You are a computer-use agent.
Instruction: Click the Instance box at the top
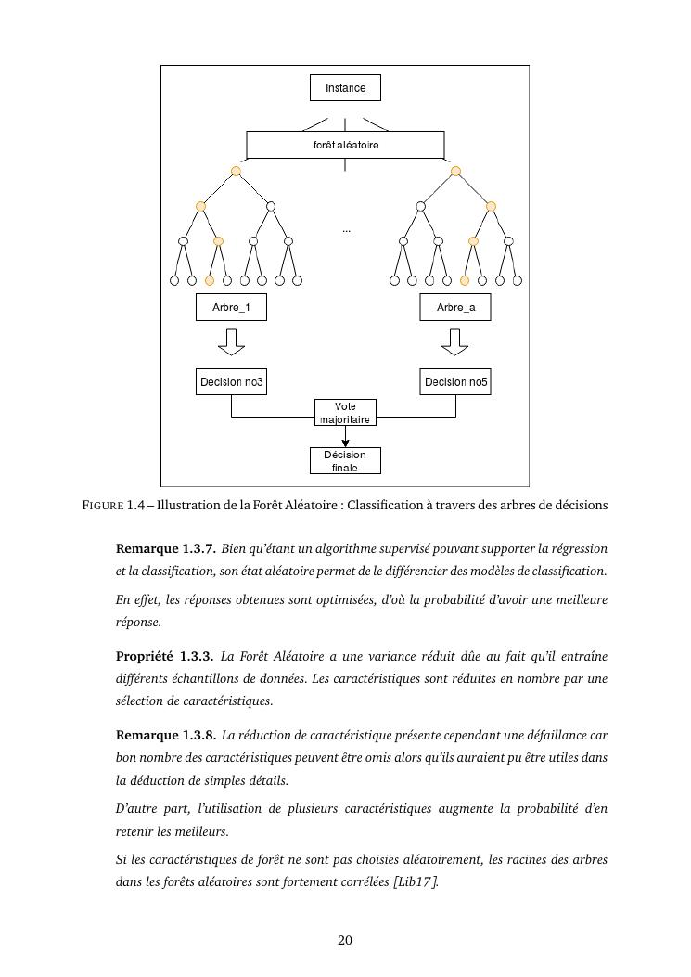tap(345, 88)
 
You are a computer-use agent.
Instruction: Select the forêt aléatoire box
tap(345, 145)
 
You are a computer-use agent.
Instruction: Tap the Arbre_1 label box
tap(231, 307)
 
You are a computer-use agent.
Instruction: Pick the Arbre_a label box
tap(455, 307)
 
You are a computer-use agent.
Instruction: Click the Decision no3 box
tap(231, 381)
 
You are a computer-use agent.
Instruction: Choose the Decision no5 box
tap(455, 381)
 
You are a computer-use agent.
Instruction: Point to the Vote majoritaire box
tap(345, 413)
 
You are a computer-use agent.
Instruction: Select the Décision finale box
tap(345, 460)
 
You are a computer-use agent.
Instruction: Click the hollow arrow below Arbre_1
tap(231, 342)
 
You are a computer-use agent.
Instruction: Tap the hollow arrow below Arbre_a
tap(455, 342)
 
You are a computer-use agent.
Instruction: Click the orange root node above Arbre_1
tap(236, 171)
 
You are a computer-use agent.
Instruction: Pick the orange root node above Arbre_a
tap(455, 171)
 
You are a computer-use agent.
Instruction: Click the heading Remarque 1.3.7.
tap(166, 548)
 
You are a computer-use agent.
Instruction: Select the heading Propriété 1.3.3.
tap(165, 657)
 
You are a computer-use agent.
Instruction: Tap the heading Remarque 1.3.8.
tap(166, 735)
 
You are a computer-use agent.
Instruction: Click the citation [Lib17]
tap(416, 881)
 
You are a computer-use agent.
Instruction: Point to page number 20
tap(345, 940)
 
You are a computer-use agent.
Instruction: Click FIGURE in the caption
tap(102, 506)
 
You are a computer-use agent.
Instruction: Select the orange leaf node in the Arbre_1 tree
tap(210, 280)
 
